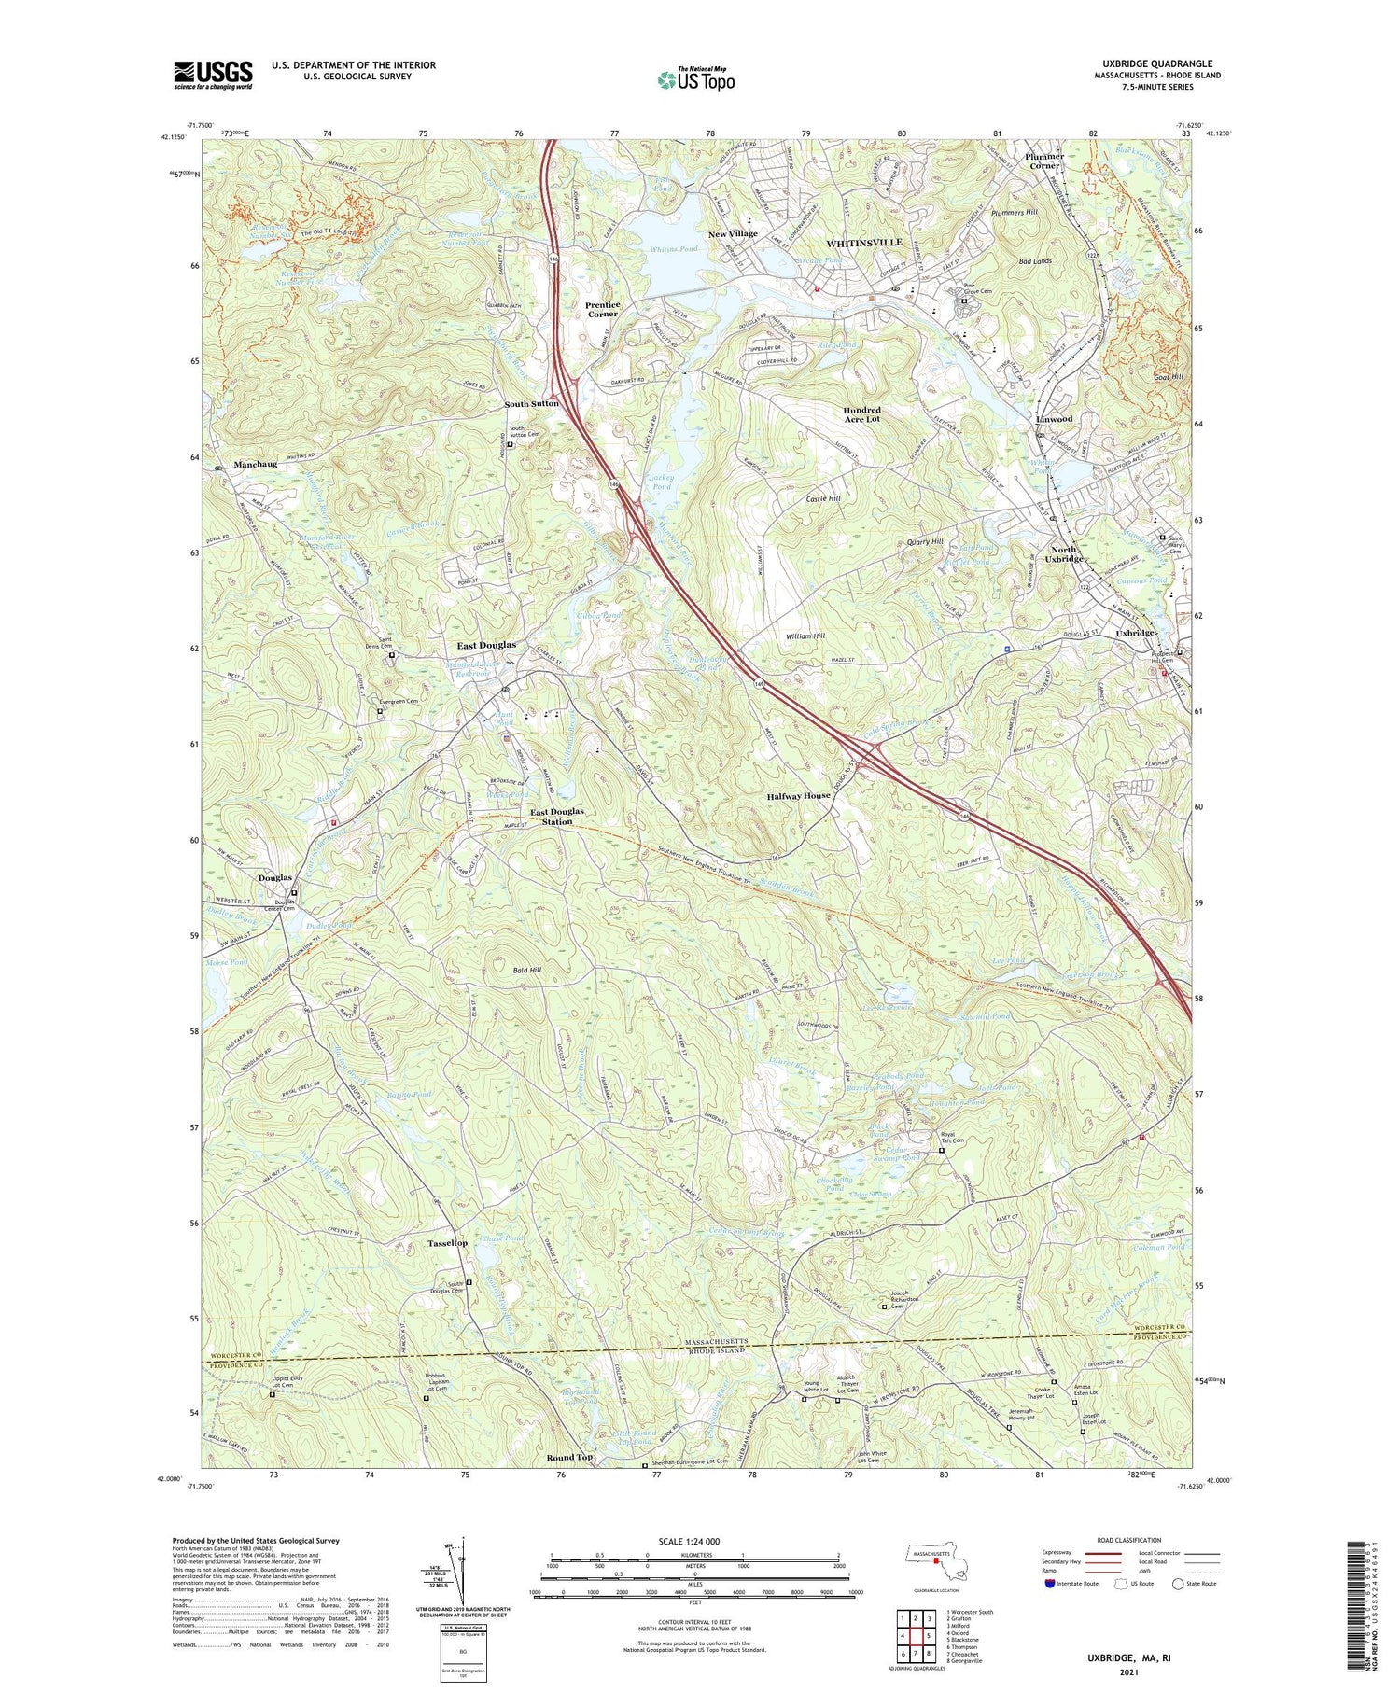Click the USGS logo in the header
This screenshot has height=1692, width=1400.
point(213,75)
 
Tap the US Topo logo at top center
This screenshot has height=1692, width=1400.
point(695,79)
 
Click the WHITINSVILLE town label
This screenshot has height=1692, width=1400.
point(863,243)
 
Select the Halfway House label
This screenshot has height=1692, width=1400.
point(798,796)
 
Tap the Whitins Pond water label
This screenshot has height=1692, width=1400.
point(674,250)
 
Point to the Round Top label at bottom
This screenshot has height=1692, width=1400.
point(569,1458)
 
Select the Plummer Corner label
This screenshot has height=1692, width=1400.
point(1044,161)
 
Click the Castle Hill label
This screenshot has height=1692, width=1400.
point(823,499)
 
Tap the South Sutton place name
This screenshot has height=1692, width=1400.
point(532,403)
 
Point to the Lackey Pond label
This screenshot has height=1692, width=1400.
point(660,482)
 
